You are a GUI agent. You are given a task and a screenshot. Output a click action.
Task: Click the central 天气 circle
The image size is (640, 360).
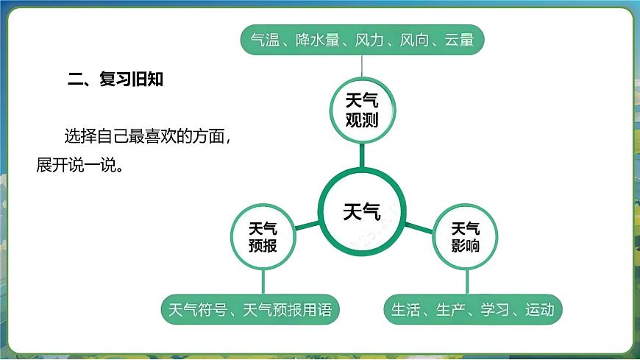pos(362,213)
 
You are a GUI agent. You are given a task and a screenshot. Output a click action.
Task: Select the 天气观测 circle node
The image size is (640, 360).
pos(362,110)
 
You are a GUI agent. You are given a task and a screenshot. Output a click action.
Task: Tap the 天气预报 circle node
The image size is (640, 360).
pos(263,236)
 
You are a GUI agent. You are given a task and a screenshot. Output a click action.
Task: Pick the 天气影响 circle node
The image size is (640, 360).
pos(465,236)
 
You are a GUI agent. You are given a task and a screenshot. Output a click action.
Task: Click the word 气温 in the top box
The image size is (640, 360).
pos(264,40)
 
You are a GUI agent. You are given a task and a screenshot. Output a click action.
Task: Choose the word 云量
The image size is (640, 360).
pos(459,40)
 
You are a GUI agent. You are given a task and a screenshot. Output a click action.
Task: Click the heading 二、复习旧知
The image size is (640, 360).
pos(115,80)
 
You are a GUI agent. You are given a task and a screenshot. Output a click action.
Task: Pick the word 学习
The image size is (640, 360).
pos(494,310)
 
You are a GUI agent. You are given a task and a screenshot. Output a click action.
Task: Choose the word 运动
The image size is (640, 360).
pos(539,310)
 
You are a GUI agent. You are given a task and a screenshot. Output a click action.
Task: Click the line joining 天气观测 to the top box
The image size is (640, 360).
pos(362,66)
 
